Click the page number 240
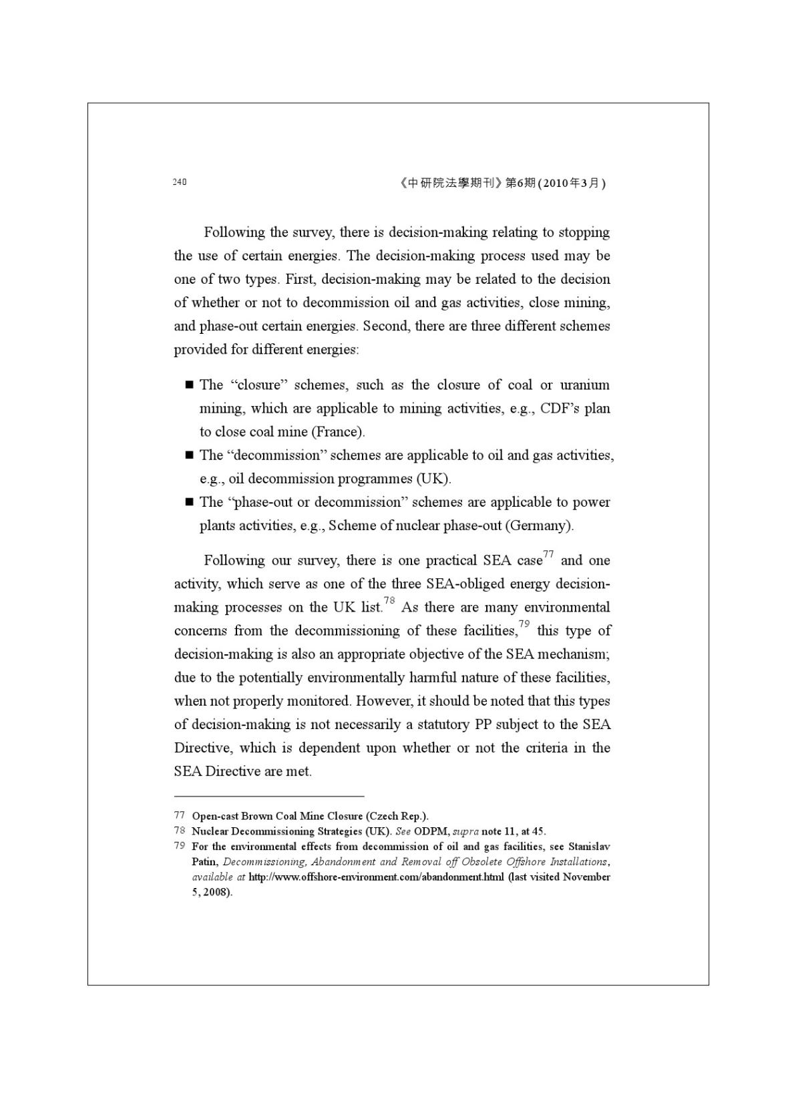(x=179, y=182)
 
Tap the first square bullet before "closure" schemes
(x=189, y=385)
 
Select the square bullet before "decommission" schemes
(x=189, y=455)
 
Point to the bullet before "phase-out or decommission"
(x=189, y=502)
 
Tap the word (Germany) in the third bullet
(x=539, y=525)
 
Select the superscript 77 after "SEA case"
(x=548, y=554)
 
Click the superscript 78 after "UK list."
(x=389, y=601)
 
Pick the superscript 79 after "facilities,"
(x=524, y=624)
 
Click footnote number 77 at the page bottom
(x=179, y=815)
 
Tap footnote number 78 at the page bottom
(x=179, y=831)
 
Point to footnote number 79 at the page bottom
(x=179, y=846)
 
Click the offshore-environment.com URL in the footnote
(x=376, y=877)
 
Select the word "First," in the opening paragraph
(x=301, y=279)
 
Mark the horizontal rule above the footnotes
(x=269, y=796)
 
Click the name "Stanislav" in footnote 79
(x=589, y=847)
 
